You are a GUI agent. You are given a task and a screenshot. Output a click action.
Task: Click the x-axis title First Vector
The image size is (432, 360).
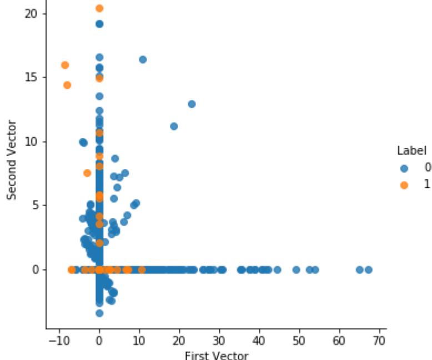point(216,355)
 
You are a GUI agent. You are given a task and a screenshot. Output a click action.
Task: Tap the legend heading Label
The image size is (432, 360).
point(411,151)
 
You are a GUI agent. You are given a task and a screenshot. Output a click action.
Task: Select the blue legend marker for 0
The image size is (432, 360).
point(404,168)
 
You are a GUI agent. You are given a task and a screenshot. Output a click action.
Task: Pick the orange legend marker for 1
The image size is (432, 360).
point(404,184)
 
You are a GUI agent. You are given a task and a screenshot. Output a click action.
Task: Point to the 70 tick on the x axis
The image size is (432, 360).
point(379,339)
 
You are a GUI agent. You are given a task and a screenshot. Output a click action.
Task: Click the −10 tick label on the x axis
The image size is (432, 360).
point(57,339)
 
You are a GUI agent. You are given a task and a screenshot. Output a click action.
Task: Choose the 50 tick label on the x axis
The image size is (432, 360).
point(299,339)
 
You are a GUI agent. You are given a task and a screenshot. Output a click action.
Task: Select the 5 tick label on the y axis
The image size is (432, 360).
point(36,205)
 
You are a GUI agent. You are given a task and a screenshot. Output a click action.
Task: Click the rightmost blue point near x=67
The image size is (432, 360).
point(368,269)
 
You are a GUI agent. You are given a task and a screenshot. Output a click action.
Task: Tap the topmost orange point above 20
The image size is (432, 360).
point(99,8)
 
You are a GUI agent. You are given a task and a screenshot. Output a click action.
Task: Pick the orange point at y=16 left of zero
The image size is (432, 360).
point(65,65)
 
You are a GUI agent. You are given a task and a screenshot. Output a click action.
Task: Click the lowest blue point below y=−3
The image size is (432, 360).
point(99,313)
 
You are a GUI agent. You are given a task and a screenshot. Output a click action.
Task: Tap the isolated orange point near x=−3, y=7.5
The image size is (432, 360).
point(87,173)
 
